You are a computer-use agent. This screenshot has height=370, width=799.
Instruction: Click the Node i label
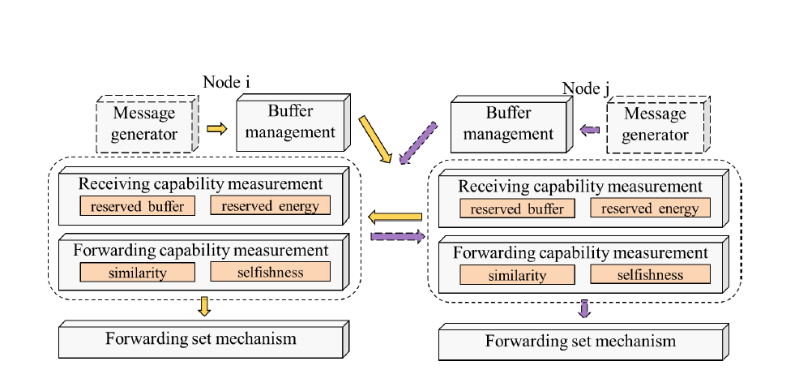click(x=226, y=82)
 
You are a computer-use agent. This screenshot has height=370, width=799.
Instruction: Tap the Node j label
click(x=586, y=88)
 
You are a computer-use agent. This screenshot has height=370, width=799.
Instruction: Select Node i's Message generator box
click(x=147, y=123)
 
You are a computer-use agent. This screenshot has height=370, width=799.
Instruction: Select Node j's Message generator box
click(x=658, y=124)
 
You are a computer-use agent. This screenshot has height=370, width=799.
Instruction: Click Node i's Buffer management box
click(x=293, y=123)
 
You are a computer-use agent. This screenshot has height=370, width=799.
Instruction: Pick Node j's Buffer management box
click(x=511, y=124)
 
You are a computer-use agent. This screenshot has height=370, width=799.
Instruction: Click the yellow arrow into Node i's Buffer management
click(x=216, y=129)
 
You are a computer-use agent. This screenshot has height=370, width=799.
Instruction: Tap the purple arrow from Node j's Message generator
click(x=590, y=130)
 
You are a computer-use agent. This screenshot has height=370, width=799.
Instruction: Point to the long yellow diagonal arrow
click(x=375, y=140)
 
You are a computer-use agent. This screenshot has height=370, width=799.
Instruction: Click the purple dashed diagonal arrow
click(x=418, y=143)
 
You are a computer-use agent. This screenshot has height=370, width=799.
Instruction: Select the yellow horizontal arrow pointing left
click(x=395, y=217)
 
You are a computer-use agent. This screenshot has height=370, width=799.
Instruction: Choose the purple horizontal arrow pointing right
click(x=397, y=236)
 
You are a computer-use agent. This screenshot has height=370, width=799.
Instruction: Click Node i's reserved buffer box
click(x=137, y=205)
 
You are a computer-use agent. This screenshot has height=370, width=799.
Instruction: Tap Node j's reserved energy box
click(x=650, y=208)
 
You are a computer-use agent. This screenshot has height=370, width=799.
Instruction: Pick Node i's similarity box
click(x=137, y=272)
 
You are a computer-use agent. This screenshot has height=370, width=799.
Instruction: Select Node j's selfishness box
click(x=650, y=274)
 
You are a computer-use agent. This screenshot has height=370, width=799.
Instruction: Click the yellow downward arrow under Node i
click(x=204, y=306)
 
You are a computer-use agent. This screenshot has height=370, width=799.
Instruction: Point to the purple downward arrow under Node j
click(x=584, y=309)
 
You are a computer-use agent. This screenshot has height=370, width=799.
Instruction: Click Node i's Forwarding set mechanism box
click(x=204, y=339)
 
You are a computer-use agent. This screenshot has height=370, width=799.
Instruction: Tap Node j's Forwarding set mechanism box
click(x=583, y=342)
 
